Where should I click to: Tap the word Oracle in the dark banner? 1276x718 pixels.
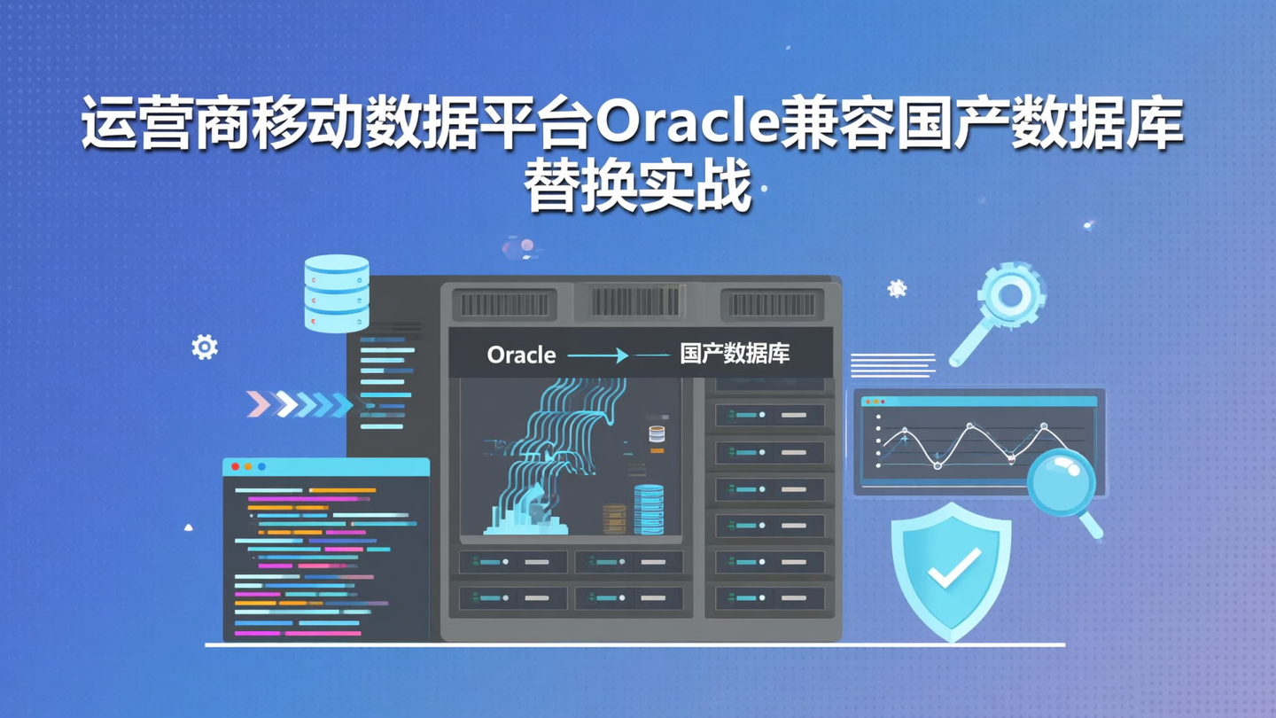coord(521,355)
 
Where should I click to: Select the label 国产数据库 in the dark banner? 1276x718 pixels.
coord(735,355)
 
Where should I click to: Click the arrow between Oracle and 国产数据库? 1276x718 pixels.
coord(598,355)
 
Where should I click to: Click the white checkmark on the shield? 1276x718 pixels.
coord(953,566)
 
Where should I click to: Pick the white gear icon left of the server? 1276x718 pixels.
coord(205,347)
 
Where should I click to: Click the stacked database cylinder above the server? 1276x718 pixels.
coord(337,293)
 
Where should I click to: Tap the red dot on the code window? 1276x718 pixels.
coord(235,466)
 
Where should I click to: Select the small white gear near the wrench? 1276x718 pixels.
coord(897,288)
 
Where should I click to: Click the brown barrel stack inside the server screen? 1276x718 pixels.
coord(614,519)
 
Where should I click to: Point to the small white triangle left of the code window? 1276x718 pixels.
coord(188,527)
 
